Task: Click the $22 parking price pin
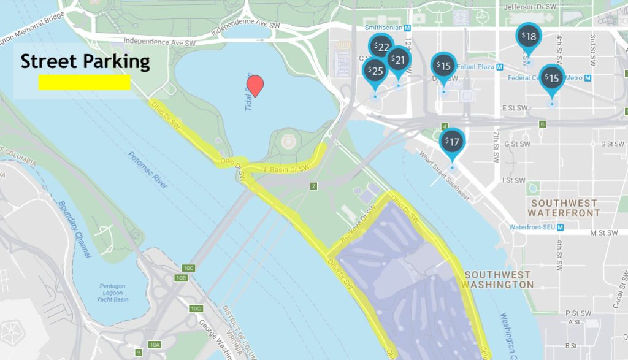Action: (x=381, y=47)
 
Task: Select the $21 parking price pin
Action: (x=399, y=59)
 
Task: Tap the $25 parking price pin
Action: (x=375, y=71)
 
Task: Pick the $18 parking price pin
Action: (x=529, y=37)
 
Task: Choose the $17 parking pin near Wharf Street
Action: (x=452, y=142)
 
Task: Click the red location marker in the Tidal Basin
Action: (x=256, y=85)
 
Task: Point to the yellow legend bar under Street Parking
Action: (x=85, y=82)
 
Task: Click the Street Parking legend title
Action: (x=85, y=61)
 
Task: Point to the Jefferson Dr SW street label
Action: (x=529, y=6)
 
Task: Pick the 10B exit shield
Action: (x=181, y=278)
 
